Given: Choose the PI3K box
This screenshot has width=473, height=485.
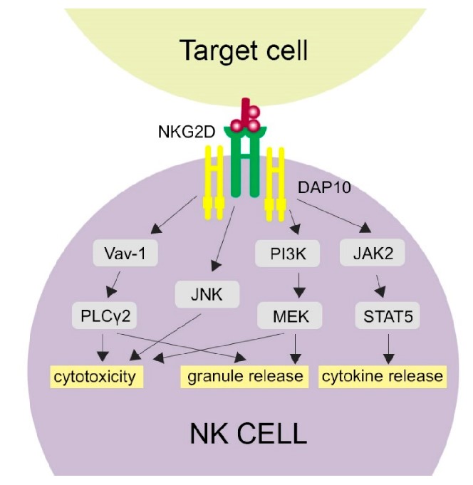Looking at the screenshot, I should (x=280, y=254).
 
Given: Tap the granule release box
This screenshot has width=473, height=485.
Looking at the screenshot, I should (x=246, y=375).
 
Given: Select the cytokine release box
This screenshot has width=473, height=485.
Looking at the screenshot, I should (x=382, y=375).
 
